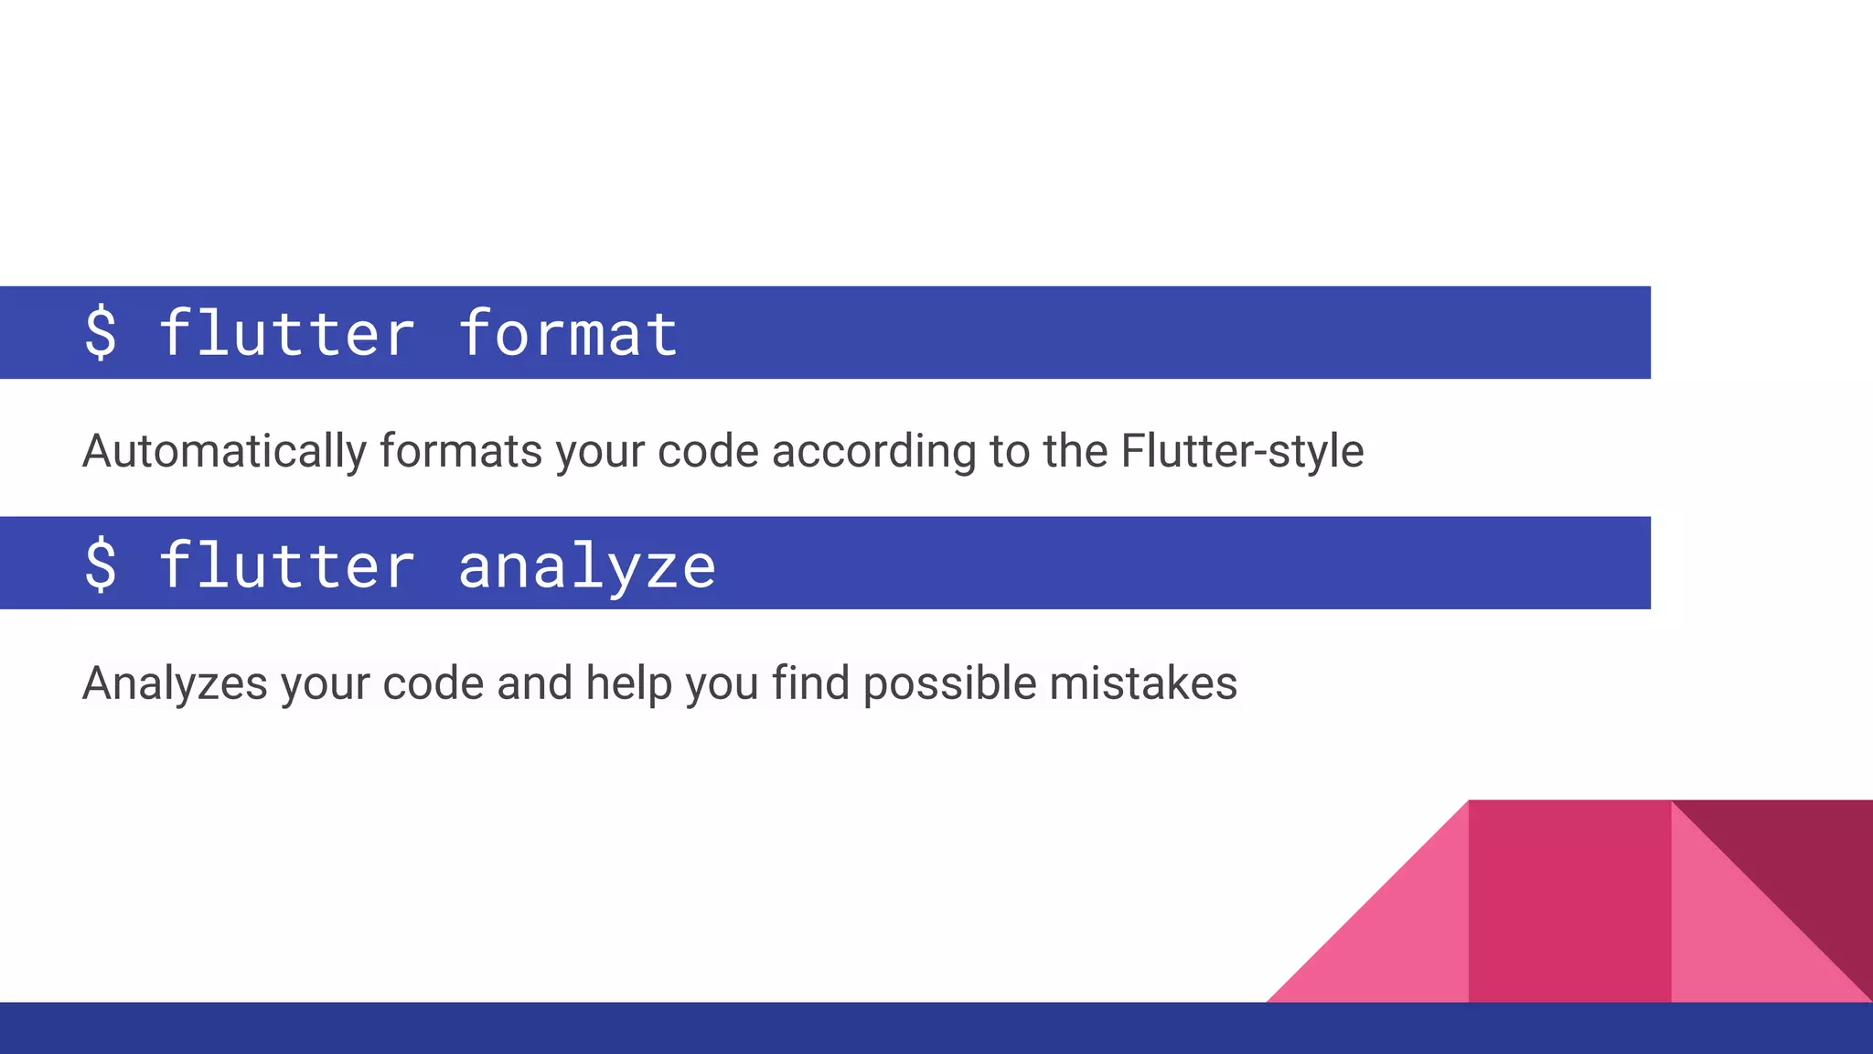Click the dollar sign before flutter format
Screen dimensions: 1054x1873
[x=101, y=333]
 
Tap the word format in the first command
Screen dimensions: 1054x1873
[x=568, y=333]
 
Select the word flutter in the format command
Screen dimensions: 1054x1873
[x=287, y=333]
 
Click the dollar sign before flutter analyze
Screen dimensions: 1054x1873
[x=101, y=565]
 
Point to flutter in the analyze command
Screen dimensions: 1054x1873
[x=287, y=565]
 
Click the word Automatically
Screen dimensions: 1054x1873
[x=224, y=452]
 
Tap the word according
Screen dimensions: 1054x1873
[x=873, y=452]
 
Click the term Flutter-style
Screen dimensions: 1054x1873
[x=1242, y=451]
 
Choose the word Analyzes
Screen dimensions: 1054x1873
[x=175, y=683]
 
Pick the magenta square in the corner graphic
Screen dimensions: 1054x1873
[x=1569, y=901]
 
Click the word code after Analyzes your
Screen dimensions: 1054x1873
[x=433, y=683]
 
